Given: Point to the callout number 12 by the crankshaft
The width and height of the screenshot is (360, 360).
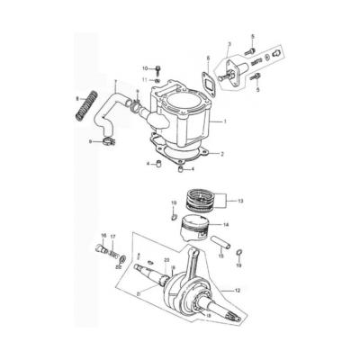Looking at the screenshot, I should point(238,291).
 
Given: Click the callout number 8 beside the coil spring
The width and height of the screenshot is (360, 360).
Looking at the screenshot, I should point(79,98).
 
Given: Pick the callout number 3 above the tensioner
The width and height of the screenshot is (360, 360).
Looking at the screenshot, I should point(229,44).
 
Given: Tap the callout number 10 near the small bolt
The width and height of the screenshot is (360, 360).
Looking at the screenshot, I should point(144,68).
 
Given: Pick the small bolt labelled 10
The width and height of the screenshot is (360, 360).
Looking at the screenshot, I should point(157,68).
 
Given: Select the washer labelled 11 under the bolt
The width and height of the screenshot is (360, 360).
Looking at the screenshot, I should point(157,81).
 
